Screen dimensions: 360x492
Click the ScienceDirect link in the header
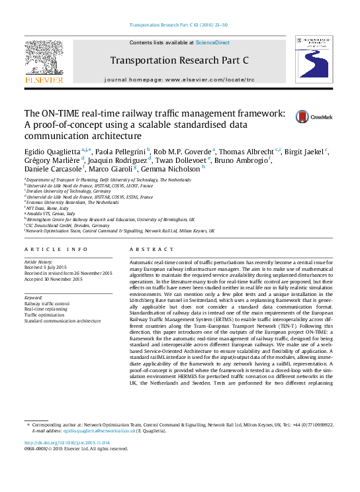pos(212,42)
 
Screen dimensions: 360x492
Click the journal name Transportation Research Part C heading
pos(179,60)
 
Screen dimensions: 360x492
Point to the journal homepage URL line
pos(179,79)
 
